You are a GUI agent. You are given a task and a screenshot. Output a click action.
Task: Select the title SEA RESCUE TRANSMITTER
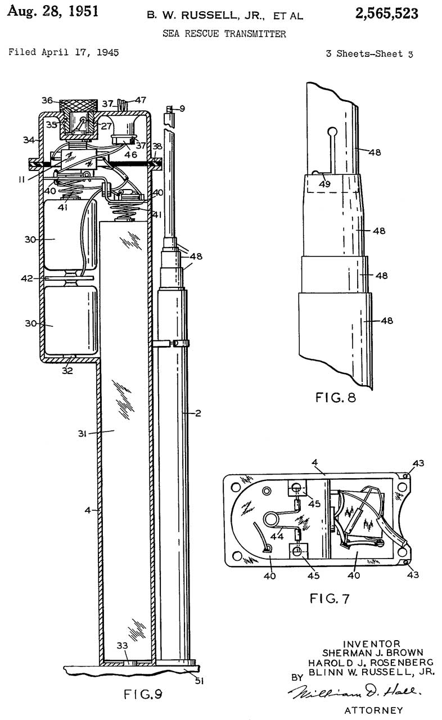point(224,34)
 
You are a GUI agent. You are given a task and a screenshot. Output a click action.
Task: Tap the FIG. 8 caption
point(336,399)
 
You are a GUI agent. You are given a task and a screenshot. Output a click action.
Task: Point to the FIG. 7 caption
point(329,598)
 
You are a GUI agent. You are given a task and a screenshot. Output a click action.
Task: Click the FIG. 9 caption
point(143,693)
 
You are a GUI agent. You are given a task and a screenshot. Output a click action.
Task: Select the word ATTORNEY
point(373,710)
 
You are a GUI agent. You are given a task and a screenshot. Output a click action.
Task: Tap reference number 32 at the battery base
point(67,371)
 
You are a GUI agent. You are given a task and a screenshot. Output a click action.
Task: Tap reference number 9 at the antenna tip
point(182,109)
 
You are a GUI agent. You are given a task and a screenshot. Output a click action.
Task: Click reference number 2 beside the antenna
point(198,413)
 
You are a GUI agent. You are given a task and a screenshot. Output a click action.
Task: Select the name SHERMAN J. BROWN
point(373,652)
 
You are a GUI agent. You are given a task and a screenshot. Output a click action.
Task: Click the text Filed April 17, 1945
point(64,53)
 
